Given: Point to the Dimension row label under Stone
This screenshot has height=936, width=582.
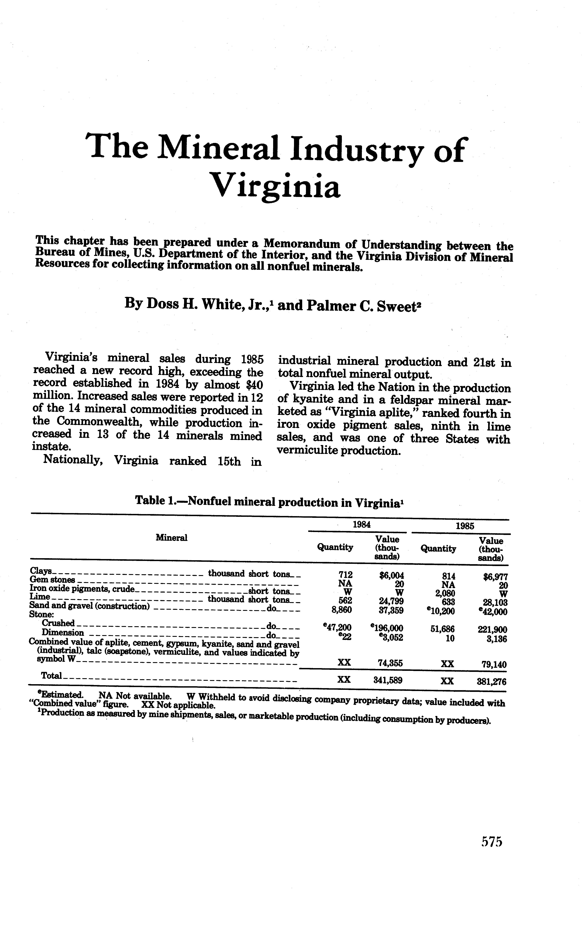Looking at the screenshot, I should tap(62, 632).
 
